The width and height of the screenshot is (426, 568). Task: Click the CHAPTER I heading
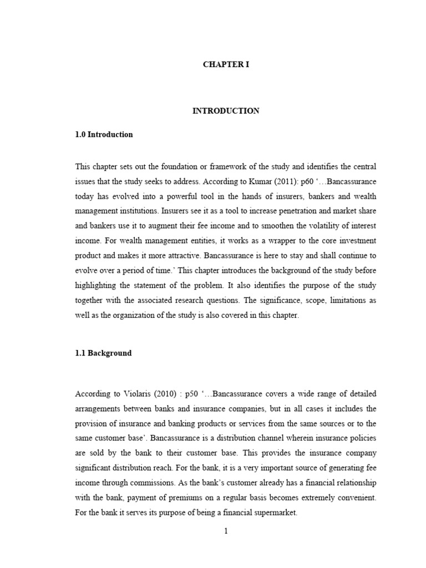[x=226, y=65]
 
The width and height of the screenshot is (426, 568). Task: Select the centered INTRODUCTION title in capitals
[x=226, y=111]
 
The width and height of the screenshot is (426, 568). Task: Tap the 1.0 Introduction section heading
[x=104, y=134]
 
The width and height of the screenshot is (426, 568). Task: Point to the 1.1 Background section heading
[x=103, y=353]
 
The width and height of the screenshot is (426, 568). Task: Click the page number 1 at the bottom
[x=226, y=531]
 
